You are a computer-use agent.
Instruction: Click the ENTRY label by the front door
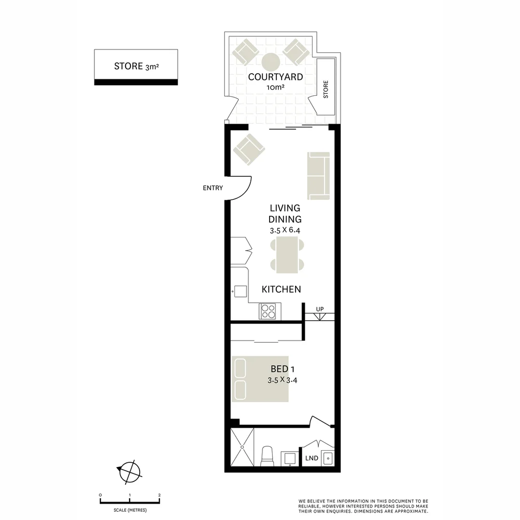point(213,188)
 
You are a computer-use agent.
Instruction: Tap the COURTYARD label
point(275,77)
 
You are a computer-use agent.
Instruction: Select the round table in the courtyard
point(271,62)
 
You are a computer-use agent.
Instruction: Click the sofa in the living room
point(318,176)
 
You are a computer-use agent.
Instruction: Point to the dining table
point(287,255)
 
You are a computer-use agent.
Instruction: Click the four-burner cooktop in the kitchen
point(267,312)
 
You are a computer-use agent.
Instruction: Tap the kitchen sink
point(240,291)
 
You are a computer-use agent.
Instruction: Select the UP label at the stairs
point(320,309)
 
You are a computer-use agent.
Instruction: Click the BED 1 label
point(283,369)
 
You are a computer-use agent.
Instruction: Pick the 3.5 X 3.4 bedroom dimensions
point(282,380)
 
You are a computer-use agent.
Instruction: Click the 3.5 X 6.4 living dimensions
point(285,230)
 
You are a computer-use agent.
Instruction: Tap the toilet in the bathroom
point(267,456)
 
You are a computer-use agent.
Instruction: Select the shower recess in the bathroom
point(242,447)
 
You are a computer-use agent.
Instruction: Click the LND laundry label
point(312,458)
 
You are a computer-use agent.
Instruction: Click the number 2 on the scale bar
point(159,495)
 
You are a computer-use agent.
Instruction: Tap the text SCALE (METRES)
point(130,510)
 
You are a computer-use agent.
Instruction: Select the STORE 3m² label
point(136,66)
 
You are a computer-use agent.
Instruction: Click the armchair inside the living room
point(249,150)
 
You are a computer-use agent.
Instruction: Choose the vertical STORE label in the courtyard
point(325,89)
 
